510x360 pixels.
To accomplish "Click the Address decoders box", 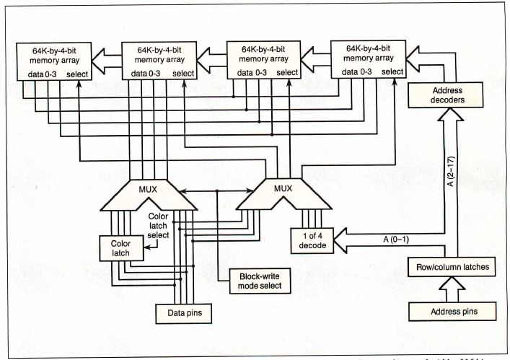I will coord(447,95).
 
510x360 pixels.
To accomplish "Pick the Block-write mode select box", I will coord(255,280).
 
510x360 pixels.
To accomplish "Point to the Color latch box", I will coord(121,247).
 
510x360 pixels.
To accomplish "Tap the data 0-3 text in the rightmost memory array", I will coord(359,72).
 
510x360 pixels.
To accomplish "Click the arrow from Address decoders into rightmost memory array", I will coord(416,62).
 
